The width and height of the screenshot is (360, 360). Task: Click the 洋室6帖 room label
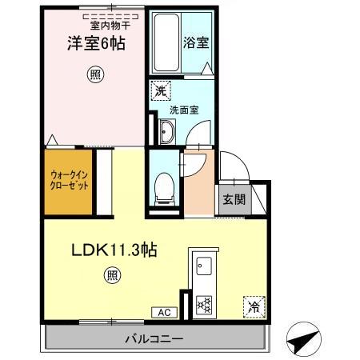point(93,43)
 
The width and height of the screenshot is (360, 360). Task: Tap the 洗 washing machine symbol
point(161,91)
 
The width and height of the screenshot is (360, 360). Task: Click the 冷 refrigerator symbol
point(253,305)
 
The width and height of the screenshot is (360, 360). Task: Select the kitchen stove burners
point(203,305)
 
